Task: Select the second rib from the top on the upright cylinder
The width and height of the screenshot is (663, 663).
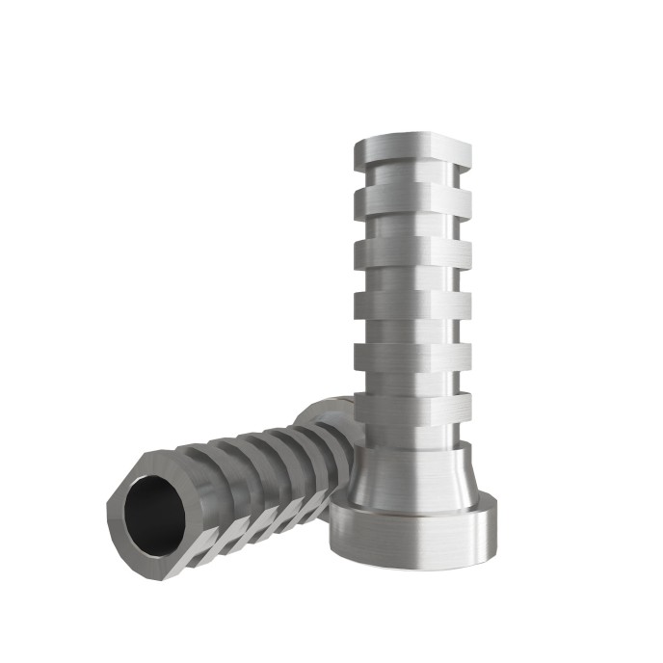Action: [412, 201]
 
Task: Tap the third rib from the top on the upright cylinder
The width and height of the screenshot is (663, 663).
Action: [412, 253]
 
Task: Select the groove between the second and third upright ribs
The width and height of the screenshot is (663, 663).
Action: [412, 227]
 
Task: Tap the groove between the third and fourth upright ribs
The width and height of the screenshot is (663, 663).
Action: [412, 280]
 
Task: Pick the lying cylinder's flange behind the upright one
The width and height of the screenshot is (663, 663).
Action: [323, 414]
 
